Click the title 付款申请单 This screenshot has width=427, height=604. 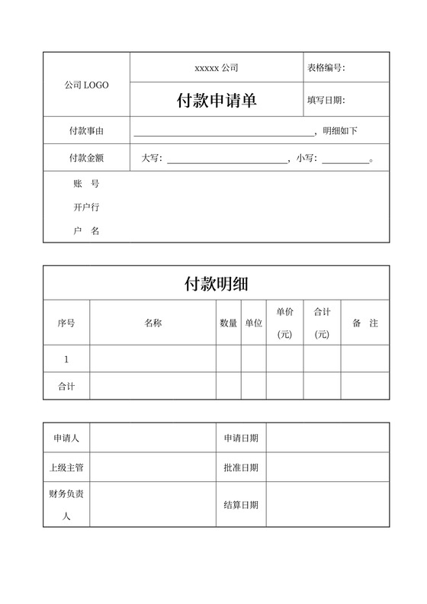click(x=217, y=100)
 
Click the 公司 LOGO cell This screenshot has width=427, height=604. click(x=86, y=85)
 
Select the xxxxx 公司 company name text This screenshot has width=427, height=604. click(x=217, y=68)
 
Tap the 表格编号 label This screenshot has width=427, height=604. click(x=326, y=68)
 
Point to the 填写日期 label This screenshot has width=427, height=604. click(x=326, y=100)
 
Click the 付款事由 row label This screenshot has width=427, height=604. click(x=86, y=131)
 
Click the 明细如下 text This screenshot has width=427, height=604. click(x=340, y=131)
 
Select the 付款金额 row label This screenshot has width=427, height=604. click(x=86, y=159)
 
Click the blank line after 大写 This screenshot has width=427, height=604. click(x=226, y=159)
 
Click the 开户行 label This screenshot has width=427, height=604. click(x=86, y=207)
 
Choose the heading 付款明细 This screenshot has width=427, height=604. click(x=217, y=284)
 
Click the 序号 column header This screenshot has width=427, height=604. click(x=66, y=323)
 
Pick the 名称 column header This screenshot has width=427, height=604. click(x=152, y=323)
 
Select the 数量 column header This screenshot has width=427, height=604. click(x=229, y=323)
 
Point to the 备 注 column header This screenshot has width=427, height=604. click(x=365, y=323)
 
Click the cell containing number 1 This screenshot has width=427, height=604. click(x=66, y=359)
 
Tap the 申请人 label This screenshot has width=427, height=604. click(x=66, y=439)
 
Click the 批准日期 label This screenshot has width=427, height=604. click(x=241, y=467)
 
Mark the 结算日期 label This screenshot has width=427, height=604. click(x=241, y=505)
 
